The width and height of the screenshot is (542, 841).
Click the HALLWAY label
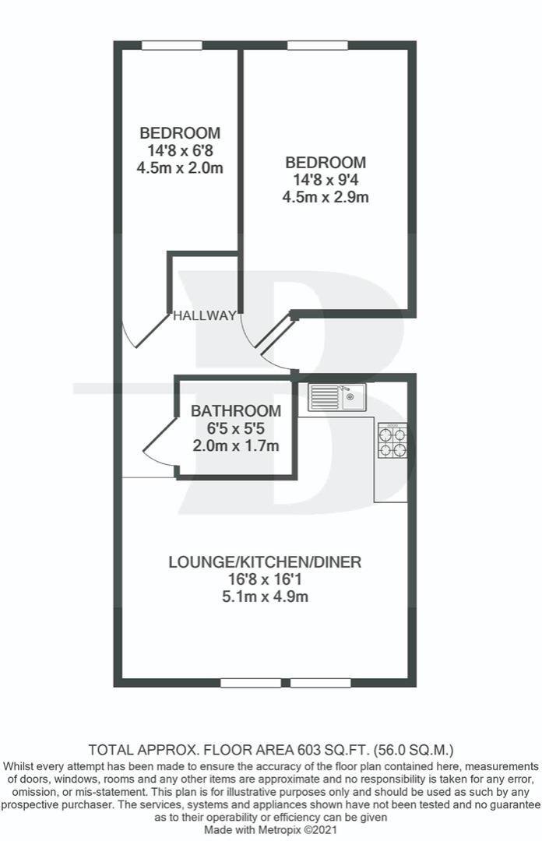pos(205,315)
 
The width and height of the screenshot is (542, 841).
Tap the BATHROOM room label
pos(236,411)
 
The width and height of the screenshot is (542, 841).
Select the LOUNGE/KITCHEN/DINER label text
pos(265,562)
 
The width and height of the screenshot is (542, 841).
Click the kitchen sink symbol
pos(336,397)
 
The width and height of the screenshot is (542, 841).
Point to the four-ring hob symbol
pos(392,440)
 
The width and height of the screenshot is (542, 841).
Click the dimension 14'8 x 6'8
pos(180,150)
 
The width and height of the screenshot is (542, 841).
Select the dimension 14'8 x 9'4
pos(326,180)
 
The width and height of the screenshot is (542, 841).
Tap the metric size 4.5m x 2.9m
pos(326,197)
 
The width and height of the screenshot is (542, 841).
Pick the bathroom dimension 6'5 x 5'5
pos(236,428)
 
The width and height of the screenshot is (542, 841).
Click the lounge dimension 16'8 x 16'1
pos(265,579)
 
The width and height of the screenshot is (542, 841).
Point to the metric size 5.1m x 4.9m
pos(265,597)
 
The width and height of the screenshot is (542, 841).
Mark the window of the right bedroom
pos(317,46)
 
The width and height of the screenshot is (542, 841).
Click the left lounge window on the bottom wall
pos(251,683)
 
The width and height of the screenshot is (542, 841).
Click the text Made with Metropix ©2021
pos(271,830)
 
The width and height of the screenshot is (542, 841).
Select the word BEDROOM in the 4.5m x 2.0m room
pos(180,132)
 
